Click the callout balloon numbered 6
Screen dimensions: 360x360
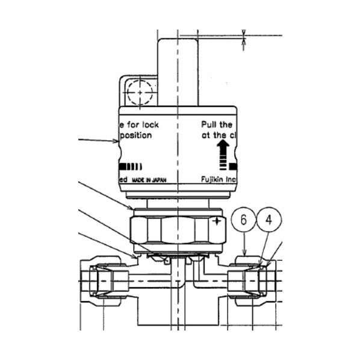point(243,220)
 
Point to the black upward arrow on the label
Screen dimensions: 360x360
point(224,148)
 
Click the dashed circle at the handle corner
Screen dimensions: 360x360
point(140,93)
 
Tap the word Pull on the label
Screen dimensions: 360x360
point(208,125)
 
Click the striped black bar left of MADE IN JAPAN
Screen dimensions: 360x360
point(130,166)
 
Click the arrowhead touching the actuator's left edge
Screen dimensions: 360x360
point(118,142)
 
